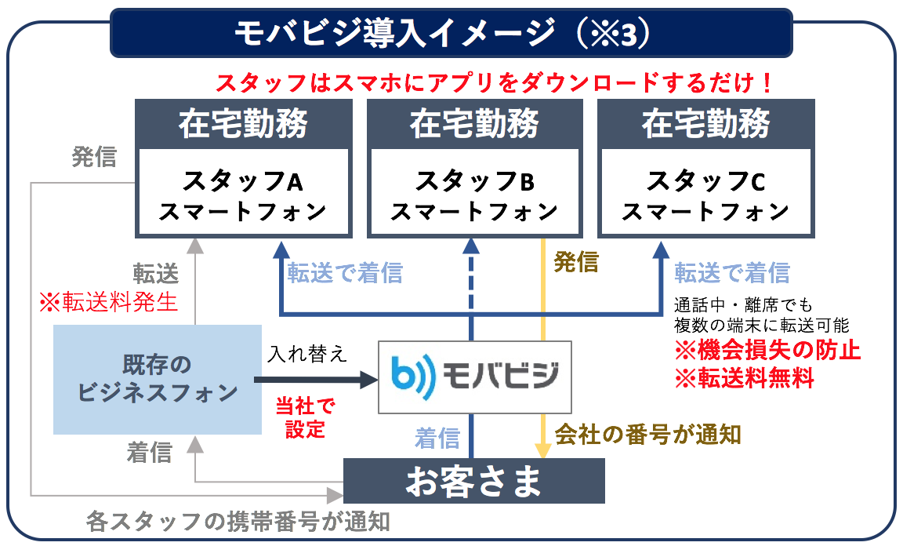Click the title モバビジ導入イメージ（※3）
coord(442,34)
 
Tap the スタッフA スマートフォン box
coord(244,192)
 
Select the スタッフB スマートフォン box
coord(474,192)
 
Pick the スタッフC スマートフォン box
coord(706,192)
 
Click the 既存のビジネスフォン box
coord(158,380)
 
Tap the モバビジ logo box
coord(475,377)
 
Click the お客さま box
coord(474,481)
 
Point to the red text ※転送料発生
coord(108,302)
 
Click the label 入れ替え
coord(307,354)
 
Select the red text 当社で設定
coord(305,417)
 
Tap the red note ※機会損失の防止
coord(767,350)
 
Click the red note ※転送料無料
coord(744,378)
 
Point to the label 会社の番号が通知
coord(647,434)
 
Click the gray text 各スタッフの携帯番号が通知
coord(238,521)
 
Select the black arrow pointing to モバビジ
coord(316,380)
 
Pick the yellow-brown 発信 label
coord(576,262)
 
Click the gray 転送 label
coord(156,273)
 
